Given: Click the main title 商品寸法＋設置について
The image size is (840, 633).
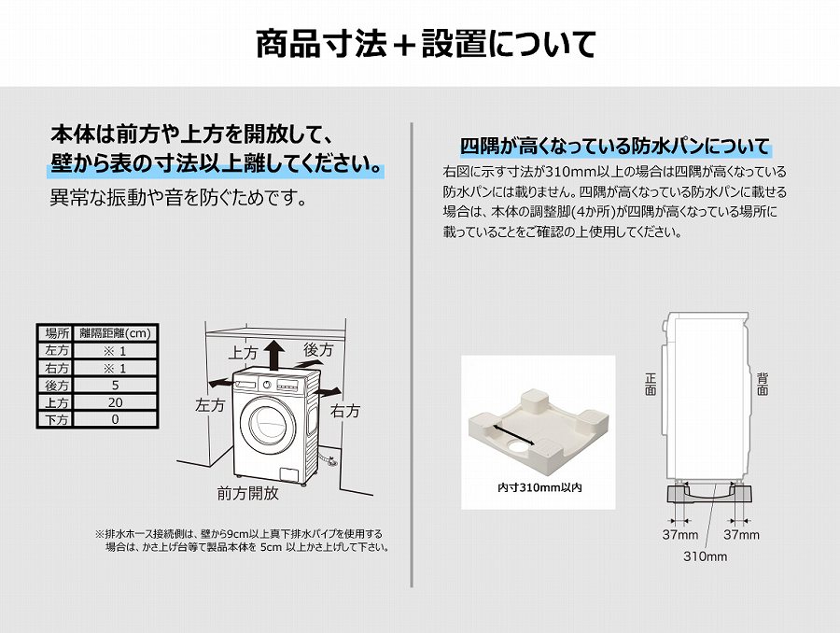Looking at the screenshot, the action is tap(426, 44).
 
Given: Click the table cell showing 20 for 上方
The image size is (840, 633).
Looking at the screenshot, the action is tap(115, 402).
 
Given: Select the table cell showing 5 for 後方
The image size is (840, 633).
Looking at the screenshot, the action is tap(115, 386).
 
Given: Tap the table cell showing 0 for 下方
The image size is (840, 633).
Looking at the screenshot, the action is tap(115, 419).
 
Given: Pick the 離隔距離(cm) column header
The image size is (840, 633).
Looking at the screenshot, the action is tap(115, 333).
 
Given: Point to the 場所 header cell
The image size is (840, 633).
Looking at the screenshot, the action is tap(56, 333).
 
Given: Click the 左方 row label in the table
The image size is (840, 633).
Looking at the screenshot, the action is tap(56, 350).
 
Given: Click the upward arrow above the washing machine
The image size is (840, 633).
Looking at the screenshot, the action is tap(276, 355).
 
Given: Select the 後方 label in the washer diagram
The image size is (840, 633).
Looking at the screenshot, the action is tap(318, 350).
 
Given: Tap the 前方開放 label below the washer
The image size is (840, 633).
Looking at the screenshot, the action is tap(247, 493).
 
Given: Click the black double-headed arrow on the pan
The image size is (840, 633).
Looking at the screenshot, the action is tap(514, 433).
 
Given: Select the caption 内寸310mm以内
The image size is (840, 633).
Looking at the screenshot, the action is tap(539, 487).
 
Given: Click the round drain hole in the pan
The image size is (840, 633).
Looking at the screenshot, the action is tap(519, 447).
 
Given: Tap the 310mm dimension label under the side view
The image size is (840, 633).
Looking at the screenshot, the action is tap(705, 556).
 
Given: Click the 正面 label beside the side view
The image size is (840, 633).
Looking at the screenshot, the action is tap(651, 385).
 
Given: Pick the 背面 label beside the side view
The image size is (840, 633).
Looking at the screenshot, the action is tap(763, 385).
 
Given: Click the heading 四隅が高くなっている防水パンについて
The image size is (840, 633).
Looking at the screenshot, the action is tap(615, 147).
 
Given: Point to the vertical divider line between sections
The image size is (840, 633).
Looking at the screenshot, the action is tap(412, 355).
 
